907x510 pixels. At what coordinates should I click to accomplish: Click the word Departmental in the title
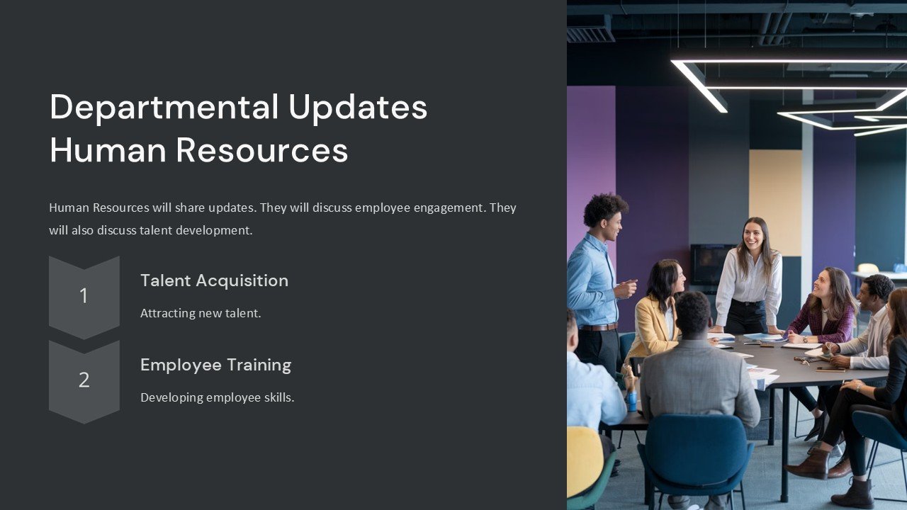tap(164, 108)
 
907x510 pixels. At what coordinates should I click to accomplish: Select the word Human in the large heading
tap(108, 150)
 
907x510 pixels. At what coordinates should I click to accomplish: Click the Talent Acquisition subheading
tap(214, 280)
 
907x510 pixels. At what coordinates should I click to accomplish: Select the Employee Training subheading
tap(215, 365)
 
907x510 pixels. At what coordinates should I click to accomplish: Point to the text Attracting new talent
tap(201, 313)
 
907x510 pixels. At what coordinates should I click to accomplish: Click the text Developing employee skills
tap(217, 397)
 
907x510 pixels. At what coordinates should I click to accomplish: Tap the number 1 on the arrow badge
tap(84, 296)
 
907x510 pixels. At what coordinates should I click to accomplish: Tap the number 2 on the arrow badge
tap(84, 380)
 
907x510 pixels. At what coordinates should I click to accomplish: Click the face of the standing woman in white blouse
tap(753, 237)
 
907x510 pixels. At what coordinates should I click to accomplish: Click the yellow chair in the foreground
tap(585, 460)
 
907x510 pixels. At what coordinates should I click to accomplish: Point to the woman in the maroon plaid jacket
tap(826, 312)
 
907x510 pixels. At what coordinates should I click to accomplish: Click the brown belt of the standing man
tap(599, 327)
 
